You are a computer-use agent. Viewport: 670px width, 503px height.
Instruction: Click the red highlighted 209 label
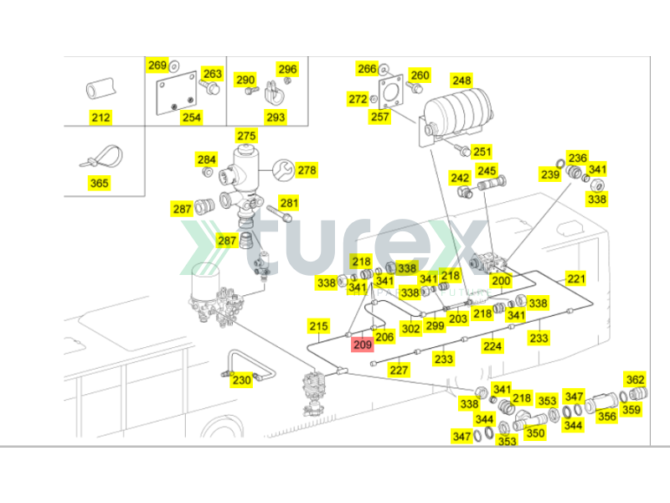(363, 345)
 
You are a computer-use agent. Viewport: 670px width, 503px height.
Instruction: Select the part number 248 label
(461, 80)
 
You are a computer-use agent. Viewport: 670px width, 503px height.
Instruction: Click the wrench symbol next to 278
(283, 170)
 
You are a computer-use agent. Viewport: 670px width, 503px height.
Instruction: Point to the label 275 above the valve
(246, 136)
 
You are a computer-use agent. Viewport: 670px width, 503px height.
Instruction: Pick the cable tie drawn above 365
(102, 157)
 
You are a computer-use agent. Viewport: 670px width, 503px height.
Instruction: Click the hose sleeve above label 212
(100, 89)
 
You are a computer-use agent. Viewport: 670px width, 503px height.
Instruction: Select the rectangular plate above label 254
(176, 93)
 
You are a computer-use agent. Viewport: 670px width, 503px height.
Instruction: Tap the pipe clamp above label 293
(274, 93)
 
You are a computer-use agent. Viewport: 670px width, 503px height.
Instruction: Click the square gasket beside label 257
(391, 92)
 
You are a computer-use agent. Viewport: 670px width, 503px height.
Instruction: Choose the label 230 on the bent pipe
(241, 380)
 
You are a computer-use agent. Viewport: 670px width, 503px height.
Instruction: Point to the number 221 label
(576, 279)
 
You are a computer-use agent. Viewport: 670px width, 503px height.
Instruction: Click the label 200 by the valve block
(501, 281)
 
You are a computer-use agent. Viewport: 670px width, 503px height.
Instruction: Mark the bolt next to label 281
(279, 214)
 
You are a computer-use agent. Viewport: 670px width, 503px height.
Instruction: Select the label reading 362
(635, 380)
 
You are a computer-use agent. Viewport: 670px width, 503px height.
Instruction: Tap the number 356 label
(606, 416)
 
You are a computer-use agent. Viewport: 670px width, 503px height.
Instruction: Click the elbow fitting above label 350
(529, 420)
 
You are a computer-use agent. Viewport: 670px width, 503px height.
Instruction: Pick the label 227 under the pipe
(399, 370)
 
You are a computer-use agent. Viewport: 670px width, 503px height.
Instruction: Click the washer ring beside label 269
(174, 66)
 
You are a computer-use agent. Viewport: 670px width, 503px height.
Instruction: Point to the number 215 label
(318, 326)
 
